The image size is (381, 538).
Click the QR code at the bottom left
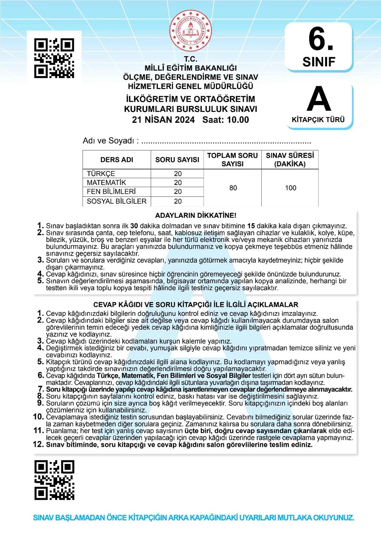[x=54, y=480]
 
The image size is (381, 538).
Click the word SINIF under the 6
[x=319, y=62]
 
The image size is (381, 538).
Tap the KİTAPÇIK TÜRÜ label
[x=318, y=120]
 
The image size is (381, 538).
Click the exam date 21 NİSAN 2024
[x=163, y=120]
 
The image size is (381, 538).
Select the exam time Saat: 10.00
[x=226, y=120]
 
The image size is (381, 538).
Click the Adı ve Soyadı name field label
[x=110, y=141]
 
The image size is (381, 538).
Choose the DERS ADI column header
[x=117, y=160]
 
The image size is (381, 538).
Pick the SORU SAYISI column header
[x=177, y=160]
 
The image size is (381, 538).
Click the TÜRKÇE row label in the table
[x=101, y=174]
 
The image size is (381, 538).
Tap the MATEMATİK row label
[x=106, y=183]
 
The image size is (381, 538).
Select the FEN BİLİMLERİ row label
[x=111, y=192]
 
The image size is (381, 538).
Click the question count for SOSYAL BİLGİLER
[x=178, y=201]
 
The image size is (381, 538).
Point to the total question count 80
[x=233, y=188]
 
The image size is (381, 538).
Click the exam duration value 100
[x=290, y=188]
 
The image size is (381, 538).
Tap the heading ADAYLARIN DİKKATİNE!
[x=196, y=215]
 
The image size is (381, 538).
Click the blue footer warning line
[x=193, y=518]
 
